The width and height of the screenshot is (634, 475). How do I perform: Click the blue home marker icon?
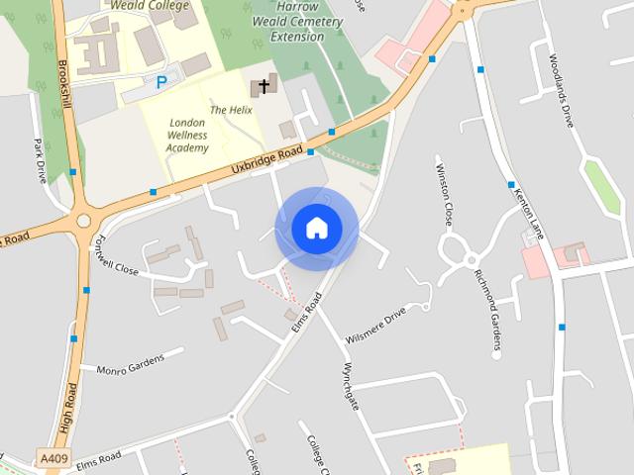(316, 229)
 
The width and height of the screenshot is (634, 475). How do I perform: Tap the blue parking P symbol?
(160, 83)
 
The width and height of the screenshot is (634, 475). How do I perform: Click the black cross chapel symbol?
(264, 86)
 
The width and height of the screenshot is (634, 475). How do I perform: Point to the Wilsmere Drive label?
(375, 326)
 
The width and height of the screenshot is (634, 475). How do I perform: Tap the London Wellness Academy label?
(188, 135)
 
